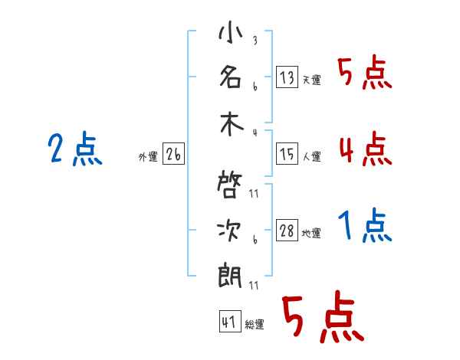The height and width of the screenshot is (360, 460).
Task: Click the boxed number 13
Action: coord(287,77)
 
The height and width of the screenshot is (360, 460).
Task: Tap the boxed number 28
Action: coord(287,231)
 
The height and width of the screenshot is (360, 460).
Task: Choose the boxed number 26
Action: coord(173,155)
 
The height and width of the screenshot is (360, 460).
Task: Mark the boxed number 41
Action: coord(228,322)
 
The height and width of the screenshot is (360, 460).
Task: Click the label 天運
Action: coord(311,80)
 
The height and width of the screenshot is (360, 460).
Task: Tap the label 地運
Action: coord(311,234)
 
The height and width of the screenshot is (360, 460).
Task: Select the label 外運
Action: coord(148,157)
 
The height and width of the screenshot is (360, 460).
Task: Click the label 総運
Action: coord(254,325)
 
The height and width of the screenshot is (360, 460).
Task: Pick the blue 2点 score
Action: coord(75,149)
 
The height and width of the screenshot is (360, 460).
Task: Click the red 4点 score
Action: coord(365,149)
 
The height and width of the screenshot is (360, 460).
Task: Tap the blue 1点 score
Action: coord(365,227)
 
